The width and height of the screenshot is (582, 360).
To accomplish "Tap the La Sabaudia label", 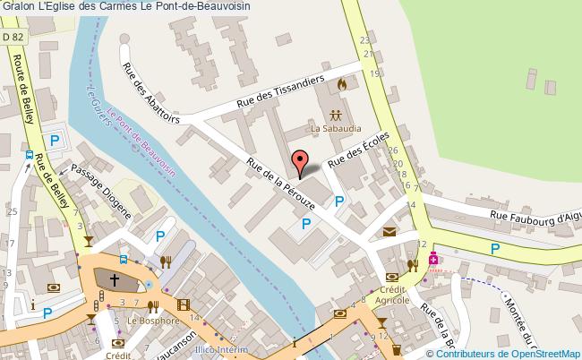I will (335, 128).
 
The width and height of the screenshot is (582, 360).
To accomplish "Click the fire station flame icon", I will (340, 84).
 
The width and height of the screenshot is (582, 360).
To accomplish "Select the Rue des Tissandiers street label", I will (279, 92).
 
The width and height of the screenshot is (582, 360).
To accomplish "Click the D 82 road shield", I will (13, 37).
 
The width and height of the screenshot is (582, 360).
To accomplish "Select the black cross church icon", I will (115, 280).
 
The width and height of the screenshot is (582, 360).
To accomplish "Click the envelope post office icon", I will (390, 232).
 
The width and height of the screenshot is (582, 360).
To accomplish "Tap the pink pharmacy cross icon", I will (433, 259).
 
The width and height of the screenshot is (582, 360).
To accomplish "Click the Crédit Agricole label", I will (394, 296).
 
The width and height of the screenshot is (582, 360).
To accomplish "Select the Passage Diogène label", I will (101, 192).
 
